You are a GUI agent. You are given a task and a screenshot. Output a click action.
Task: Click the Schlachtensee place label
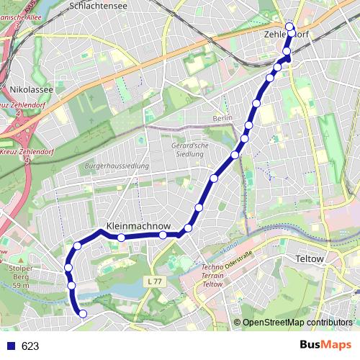[99, 5]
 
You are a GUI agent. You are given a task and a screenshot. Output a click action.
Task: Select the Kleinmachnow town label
[138, 225]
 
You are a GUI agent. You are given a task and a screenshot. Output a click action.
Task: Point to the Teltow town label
[311, 258]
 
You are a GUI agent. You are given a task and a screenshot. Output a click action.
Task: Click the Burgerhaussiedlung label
[117, 166]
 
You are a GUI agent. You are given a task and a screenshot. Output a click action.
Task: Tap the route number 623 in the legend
[30, 346]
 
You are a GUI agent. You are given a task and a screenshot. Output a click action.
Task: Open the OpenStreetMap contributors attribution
[297, 322]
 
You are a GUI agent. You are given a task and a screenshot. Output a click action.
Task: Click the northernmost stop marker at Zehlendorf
[290, 27]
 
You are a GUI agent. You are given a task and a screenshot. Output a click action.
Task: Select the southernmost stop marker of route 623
[82, 313]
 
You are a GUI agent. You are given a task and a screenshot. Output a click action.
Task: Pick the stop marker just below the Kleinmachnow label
[122, 237]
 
